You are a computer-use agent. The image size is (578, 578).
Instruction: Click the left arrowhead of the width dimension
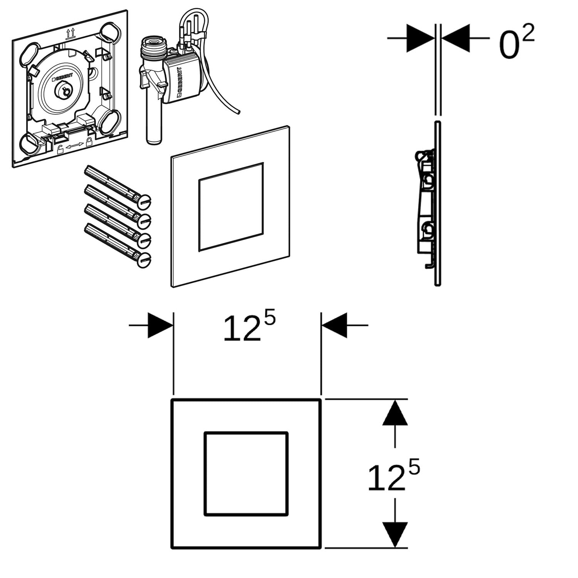click(x=160, y=325)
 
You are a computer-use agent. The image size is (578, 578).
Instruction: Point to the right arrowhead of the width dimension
click(x=334, y=325)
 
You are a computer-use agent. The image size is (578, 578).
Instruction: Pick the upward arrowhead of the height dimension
click(x=395, y=413)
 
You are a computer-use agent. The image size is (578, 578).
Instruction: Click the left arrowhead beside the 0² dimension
click(x=420, y=38)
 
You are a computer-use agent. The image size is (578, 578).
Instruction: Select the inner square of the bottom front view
click(x=246, y=474)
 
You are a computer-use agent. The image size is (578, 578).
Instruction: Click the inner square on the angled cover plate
click(x=231, y=207)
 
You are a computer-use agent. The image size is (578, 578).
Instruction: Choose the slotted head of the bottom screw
click(x=144, y=260)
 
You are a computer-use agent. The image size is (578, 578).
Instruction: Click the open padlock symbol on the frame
click(x=60, y=150)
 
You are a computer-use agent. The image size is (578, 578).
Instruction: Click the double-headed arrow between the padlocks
click(x=75, y=146)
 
